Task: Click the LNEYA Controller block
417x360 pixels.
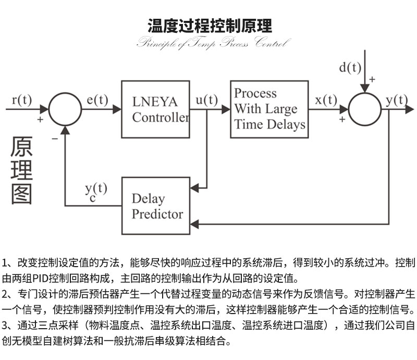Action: [x=155, y=109]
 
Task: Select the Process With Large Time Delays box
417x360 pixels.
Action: [x=269, y=109]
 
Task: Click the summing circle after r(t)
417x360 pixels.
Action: [x=65, y=109]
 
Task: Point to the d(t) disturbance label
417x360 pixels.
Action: [x=350, y=67]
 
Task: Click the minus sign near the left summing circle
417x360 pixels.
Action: [x=54, y=139]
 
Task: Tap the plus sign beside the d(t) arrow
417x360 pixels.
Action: [x=372, y=79]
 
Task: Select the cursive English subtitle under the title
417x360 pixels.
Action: [x=211, y=43]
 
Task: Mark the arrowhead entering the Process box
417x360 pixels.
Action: [x=226, y=109]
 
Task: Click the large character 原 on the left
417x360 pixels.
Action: [x=22, y=147]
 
